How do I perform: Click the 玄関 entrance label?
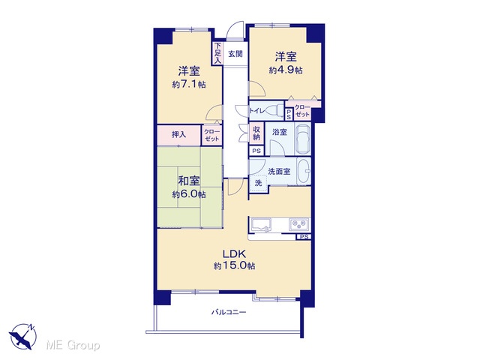(235, 54)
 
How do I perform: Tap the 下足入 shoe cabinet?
(217, 53)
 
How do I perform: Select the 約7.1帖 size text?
(189, 85)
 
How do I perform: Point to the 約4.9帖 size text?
(286, 70)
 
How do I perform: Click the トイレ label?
(256, 110)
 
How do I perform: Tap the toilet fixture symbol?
(274, 110)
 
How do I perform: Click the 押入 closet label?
(178, 134)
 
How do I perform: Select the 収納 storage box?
(256, 133)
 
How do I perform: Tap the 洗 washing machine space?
(259, 183)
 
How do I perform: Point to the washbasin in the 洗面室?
(304, 171)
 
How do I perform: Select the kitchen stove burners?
(299, 224)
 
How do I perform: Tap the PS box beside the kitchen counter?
(304, 237)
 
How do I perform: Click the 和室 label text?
(189, 181)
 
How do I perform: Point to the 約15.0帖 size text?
(234, 266)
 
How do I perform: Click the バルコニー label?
(229, 313)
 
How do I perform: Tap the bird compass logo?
(22, 337)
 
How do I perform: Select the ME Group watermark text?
(73, 345)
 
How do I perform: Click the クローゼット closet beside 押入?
(211, 135)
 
